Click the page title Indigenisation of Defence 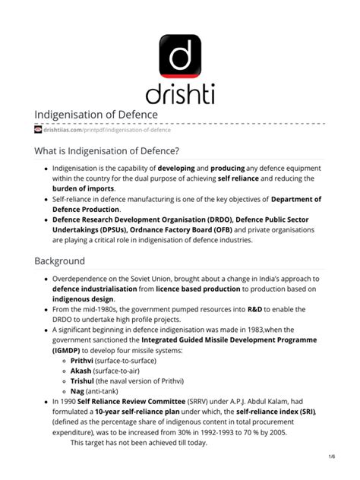tap(96, 115)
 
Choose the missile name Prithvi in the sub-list tap(86, 362)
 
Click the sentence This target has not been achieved tap(138, 442)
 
